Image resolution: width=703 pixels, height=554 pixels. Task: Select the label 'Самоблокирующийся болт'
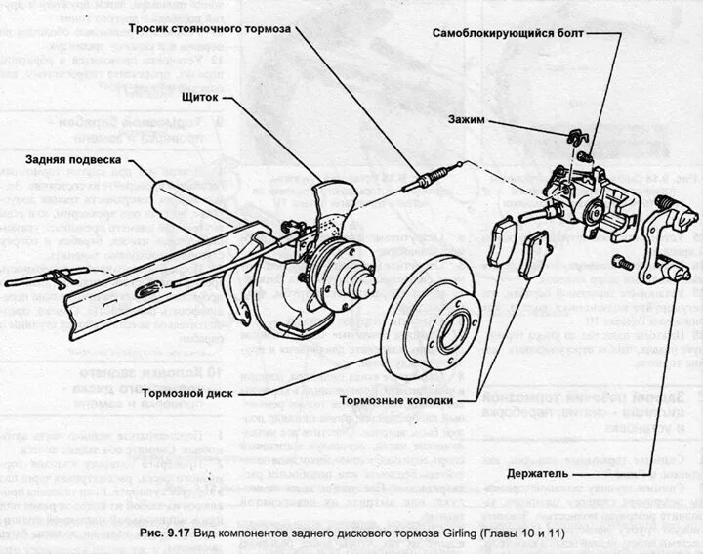[508, 33]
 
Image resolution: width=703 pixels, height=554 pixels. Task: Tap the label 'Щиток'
[199, 97]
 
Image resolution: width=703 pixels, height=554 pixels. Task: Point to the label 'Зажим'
[466, 121]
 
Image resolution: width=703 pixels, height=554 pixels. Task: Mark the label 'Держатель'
[539, 474]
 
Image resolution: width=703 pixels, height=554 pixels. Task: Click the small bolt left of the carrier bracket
[619, 261]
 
